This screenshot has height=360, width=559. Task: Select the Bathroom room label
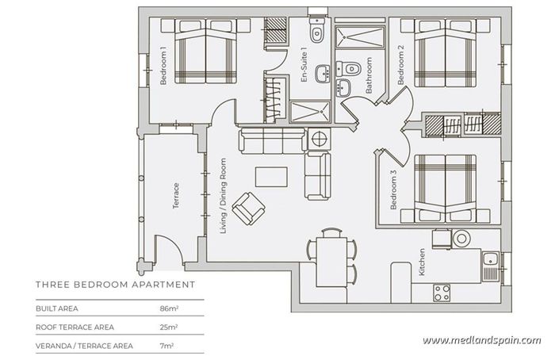click(x=369, y=75)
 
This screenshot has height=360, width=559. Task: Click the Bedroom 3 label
click(x=392, y=190)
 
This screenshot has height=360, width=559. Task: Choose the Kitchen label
click(x=423, y=262)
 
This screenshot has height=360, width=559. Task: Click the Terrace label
click(x=176, y=197)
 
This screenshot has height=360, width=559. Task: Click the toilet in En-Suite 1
click(x=316, y=32)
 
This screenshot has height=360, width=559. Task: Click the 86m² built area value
click(x=168, y=308)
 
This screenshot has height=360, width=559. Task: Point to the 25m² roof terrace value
click(x=168, y=327)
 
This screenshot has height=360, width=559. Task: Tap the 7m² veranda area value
click(x=167, y=346)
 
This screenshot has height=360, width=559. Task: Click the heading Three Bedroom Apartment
click(x=116, y=283)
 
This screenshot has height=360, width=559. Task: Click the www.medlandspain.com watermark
click(x=481, y=341)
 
